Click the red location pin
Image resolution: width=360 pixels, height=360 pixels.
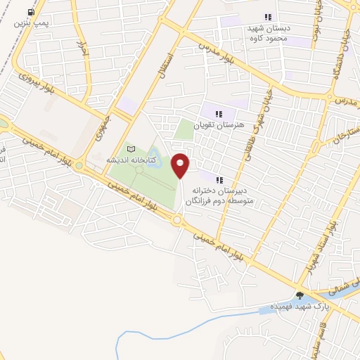(x=181, y=165)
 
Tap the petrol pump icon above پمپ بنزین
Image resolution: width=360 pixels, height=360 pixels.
(x=30, y=13)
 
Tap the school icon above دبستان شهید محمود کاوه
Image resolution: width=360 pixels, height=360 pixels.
(x=267, y=17)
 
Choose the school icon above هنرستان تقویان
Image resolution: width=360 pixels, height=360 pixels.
(x=218, y=113)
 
